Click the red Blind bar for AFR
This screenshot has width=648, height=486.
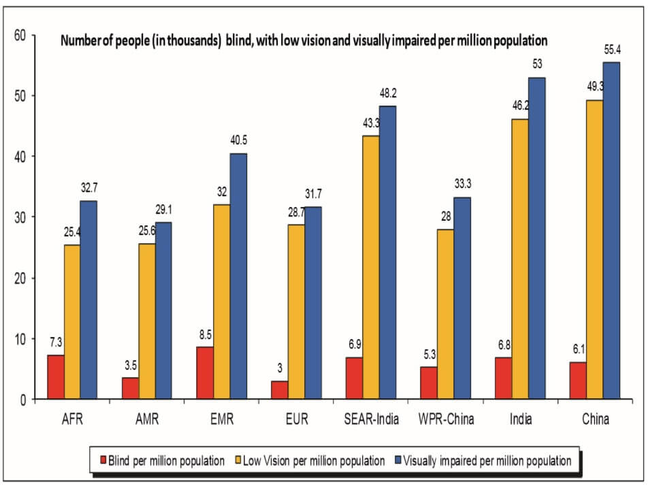[56, 377]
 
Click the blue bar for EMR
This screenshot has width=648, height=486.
[238, 276]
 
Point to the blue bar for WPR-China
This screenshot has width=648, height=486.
[461, 298]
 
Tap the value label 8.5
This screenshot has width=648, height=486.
[205, 336]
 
